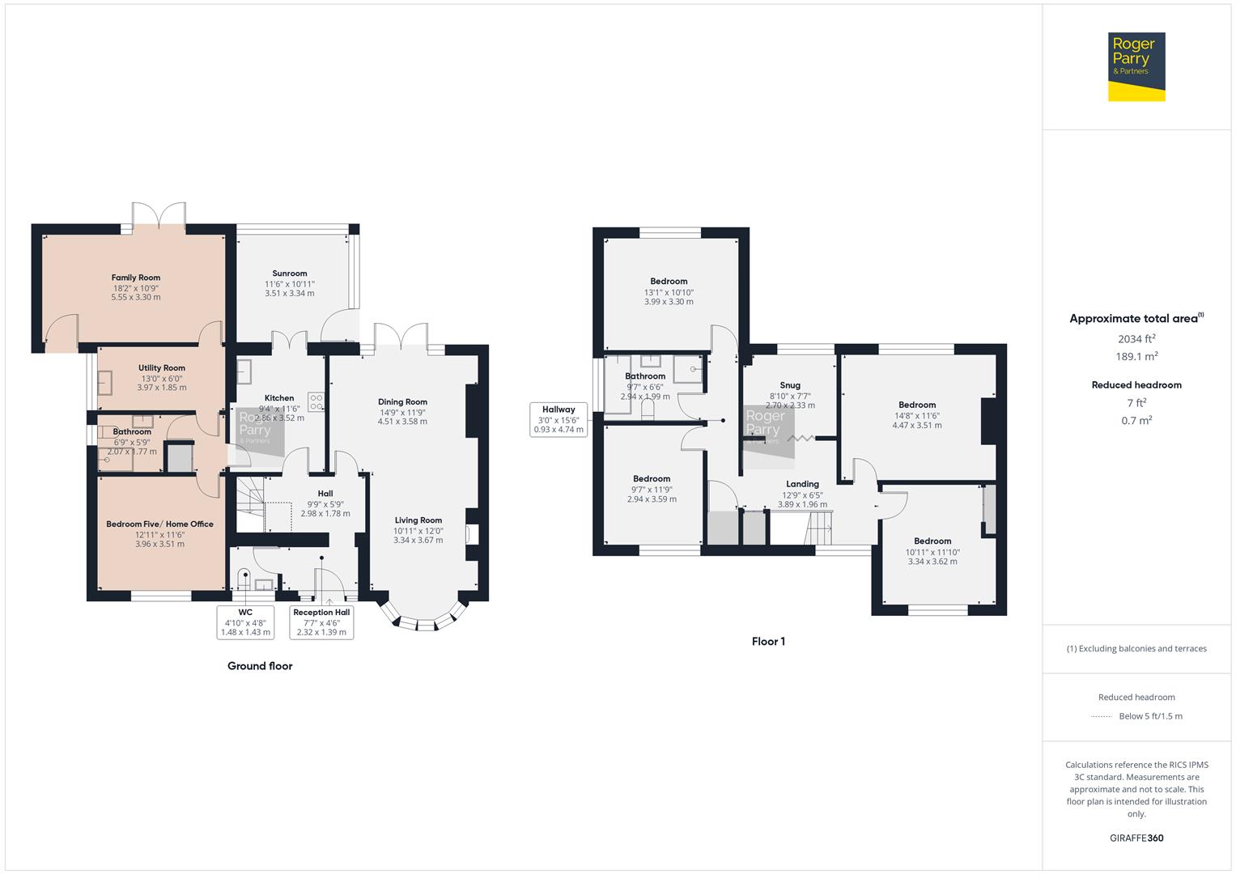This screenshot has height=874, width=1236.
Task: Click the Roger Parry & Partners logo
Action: click(1136, 66)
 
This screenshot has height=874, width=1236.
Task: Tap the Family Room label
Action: click(136, 278)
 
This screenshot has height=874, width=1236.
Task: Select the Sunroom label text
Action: click(290, 274)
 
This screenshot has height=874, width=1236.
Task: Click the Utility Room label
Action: click(162, 368)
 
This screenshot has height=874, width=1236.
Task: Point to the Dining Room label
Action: click(402, 402)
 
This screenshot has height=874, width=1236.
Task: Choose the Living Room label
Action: click(418, 520)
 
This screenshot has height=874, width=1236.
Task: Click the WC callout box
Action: click(245, 622)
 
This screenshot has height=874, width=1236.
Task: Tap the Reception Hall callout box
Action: click(321, 622)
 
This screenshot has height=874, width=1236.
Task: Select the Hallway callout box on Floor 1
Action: click(559, 419)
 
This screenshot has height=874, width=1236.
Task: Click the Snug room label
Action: click(790, 385)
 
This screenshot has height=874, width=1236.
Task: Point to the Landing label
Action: click(802, 484)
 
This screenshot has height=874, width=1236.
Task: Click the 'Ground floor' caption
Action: click(260, 666)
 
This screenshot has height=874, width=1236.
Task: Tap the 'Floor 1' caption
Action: click(768, 642)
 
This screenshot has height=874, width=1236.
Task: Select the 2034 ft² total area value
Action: click(1136, 339)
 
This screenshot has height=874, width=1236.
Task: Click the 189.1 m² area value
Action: click(1136, 356)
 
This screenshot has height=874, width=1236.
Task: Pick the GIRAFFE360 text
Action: click(1136, 838)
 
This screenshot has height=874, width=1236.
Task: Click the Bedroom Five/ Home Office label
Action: click(160, 524)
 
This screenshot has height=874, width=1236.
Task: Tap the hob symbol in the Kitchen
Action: click(316, 401)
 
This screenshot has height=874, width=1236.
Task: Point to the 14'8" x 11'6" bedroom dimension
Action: click(917, 415)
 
